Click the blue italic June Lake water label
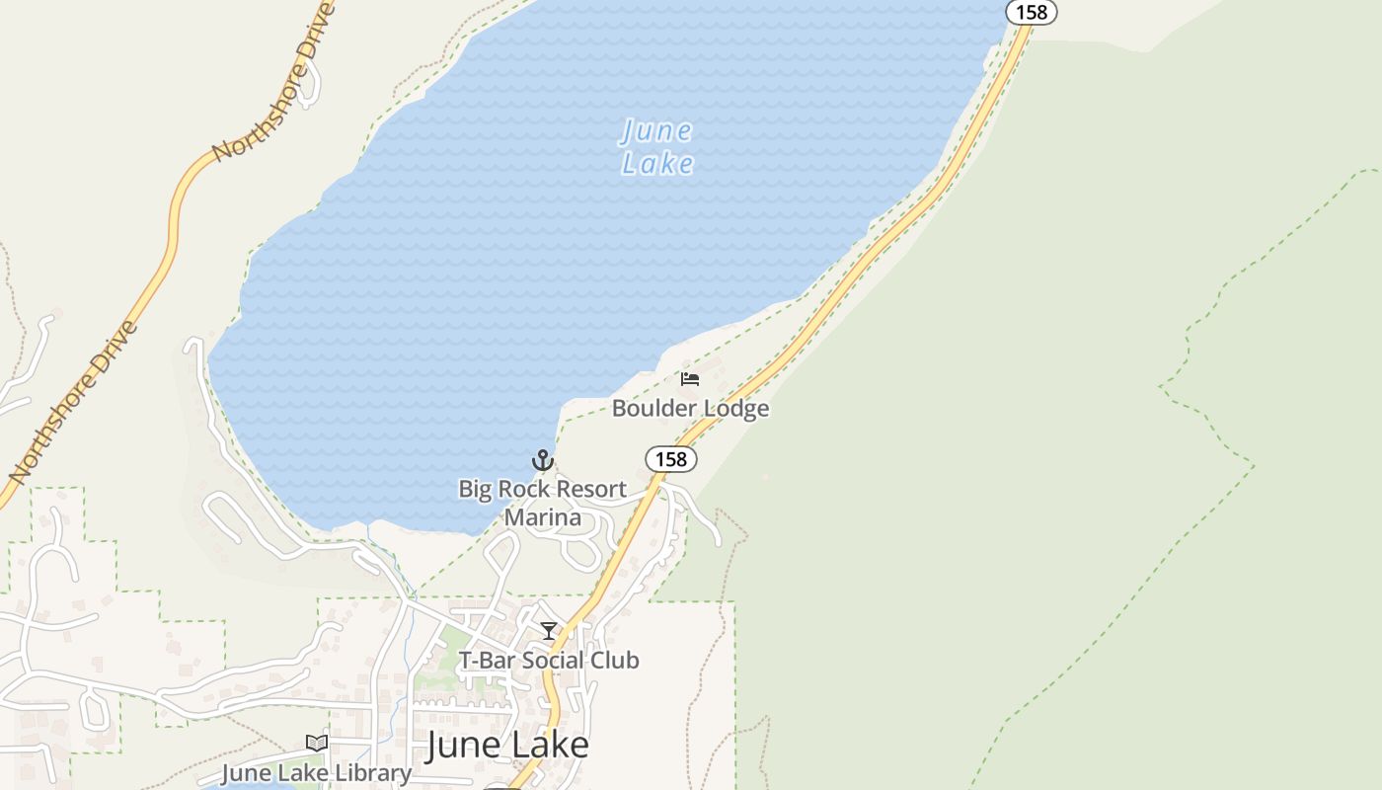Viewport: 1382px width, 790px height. tap(657, 147)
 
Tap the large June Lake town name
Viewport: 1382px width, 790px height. tap(507, 746)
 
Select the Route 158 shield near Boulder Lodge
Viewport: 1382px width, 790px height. tap(671, 459)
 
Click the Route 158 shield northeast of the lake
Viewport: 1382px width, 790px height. tap(1032, 13)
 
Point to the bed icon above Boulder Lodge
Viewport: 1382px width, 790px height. tap(690, 378)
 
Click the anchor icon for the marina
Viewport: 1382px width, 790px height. tap(542, 460)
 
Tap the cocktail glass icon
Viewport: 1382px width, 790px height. tap(549, 631)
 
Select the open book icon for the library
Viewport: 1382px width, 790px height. tap(316, 744)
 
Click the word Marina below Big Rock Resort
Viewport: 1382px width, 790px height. tap(542, 516)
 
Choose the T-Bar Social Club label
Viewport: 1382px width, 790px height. tap(549, 660)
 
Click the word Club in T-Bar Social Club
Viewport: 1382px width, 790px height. tap(617, 660)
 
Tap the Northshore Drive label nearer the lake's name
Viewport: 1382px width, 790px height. tap(274, 82)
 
